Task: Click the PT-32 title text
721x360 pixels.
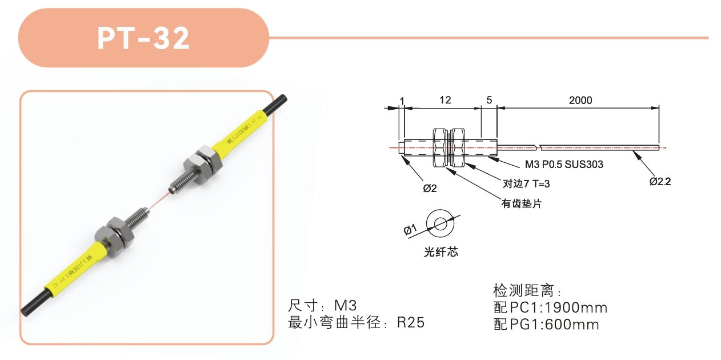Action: [x=143, y=38]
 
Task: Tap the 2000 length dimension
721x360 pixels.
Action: [x=580, y=100]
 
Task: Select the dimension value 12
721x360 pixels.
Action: [x=445, y=100]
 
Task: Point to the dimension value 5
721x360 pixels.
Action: [x=489, y=100]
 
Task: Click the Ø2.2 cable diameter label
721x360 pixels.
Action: [x=660, y=182]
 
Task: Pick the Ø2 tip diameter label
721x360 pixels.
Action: [x=430, y=188]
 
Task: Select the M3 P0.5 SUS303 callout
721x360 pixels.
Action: [x=564, y=164]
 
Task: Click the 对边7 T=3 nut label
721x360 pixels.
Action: [x=526, y=184]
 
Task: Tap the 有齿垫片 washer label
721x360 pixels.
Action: [x=522, y=203]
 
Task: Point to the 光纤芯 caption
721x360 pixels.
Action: [x=441, y=252]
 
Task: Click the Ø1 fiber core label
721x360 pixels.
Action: [x=410, y=230]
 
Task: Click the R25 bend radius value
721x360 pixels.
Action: [x=411, y=322]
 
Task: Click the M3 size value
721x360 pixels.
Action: [x=346, y=305]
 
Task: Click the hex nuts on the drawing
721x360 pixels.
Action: [x=449, y=148]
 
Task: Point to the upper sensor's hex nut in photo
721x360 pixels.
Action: [x=202, y=163]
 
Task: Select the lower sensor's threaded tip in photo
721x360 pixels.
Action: [x=137, y=217]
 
